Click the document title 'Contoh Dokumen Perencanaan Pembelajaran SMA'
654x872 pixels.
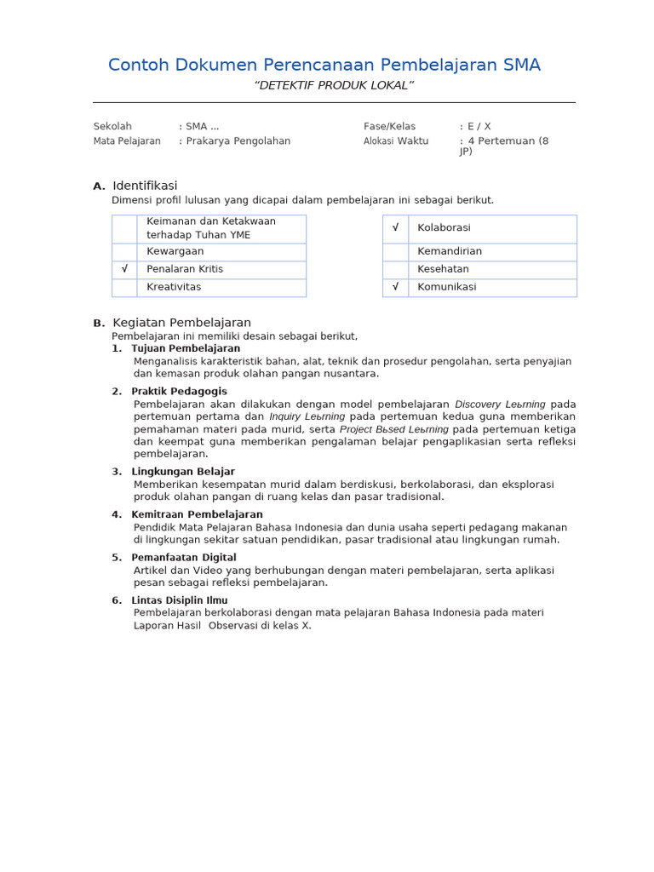(x=324, y=66)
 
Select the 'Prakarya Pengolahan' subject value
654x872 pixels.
(x=238, y=141)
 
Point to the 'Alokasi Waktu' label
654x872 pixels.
(x=396, y=141)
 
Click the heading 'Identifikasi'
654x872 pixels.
(x=145, y=186)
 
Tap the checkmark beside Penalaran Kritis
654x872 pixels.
(x=124, y=269)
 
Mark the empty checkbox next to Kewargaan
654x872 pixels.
(x=124, y=252)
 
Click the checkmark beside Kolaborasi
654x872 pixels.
(x=395, y=228)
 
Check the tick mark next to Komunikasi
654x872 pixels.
(x=395, y=287)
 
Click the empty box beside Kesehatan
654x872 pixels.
(x=395, y=269)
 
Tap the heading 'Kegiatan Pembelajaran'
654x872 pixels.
(x=181, y=323)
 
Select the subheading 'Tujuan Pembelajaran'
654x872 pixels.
(x=186, y=348)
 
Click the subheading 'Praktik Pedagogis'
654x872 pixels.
(x=179, y=392)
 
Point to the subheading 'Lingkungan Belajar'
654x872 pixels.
(x=183, y=472)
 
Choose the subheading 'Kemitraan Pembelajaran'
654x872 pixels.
(x=197, y=514)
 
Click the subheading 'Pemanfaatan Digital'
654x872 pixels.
(x=184, y=558)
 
